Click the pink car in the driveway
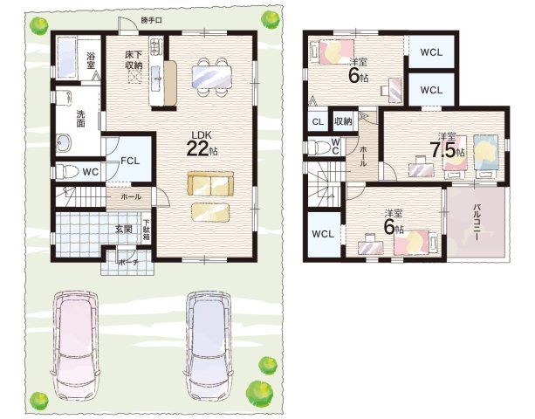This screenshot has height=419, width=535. [76, 346]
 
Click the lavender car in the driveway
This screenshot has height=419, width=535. [208, 346]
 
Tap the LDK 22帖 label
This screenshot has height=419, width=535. [202, 144]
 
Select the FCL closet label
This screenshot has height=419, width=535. [130, 161]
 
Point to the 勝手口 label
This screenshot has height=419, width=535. [152, 20]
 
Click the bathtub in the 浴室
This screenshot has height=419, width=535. [66, 58]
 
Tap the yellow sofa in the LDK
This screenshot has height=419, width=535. [210, 183]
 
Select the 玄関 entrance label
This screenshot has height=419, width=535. [123, 229]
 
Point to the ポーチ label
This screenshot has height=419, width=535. [128, 263]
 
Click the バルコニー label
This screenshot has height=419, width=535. [477, 223]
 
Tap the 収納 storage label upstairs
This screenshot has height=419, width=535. [343, 120]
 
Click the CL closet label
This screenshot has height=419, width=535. [318, 122]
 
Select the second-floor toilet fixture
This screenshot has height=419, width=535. [318, 148]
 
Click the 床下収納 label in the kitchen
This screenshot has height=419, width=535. [134, 60]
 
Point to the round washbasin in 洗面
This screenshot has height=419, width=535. [64, 142]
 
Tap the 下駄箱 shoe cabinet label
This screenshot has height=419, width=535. [146, 230]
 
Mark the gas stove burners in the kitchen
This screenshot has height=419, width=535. [155, 47]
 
